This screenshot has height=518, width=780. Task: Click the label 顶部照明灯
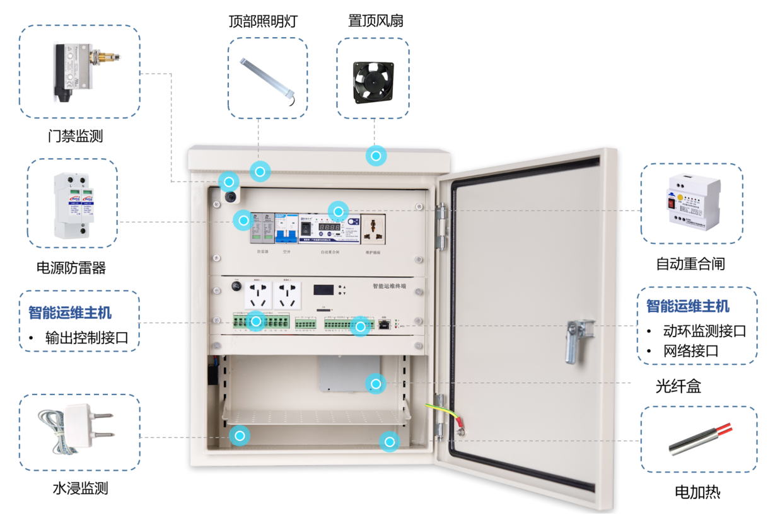[x=262, y=21]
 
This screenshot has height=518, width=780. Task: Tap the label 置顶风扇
[x=376, y=21]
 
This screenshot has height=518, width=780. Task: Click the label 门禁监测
[x=75, y=135]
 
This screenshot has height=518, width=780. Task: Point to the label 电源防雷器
[x=71, y=268]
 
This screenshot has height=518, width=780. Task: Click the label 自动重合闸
[x=690, y=264]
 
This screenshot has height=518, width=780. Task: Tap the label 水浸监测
[x=80, y=488]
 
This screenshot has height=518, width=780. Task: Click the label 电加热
[x=697, y=492]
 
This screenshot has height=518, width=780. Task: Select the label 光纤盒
[x=678, y=386]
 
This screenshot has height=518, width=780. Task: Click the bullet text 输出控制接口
[x=86, y=338]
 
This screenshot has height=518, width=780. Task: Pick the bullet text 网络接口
[x=690, y=351]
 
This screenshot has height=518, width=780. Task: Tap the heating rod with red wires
[x=699, y=439]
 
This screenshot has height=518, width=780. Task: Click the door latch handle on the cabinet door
[x=576, y=340]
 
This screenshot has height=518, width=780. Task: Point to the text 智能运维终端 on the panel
[x=389, y=286]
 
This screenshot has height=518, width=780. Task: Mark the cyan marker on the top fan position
[x=376, y=156]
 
